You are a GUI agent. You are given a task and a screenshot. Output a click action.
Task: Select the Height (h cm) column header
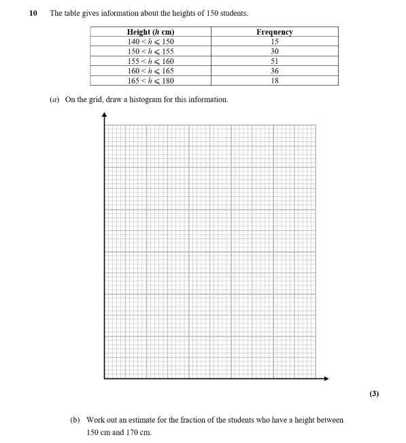point(150,32)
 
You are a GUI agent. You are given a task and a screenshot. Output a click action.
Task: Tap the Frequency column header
point(274,32)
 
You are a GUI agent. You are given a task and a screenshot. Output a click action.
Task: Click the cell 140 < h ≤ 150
point(150,41)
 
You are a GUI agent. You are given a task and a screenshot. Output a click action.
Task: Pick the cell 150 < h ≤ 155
point(150,51)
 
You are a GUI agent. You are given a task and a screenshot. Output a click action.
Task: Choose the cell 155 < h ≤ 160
point(150,61)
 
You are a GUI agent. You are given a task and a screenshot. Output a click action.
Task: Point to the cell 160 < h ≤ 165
point(150,71)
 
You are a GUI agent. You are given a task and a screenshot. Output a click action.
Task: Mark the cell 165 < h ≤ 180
point(150,80)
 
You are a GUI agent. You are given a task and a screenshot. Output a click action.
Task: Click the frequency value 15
point(274,41)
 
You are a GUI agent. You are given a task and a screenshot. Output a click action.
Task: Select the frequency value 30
point(274,51)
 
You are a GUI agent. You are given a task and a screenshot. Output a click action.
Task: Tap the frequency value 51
point(274,61)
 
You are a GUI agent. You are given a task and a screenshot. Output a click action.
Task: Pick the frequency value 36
point(274,71)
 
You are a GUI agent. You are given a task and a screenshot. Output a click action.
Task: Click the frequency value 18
point(274,80)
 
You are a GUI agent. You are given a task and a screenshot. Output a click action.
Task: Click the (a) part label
point(55,100)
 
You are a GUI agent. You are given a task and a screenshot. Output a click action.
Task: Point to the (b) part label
point(75,421)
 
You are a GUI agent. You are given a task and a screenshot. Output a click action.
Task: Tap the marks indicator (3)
point(373,393)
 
